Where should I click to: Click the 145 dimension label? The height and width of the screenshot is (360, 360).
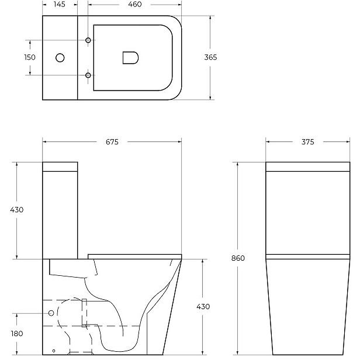[x=60, y=4]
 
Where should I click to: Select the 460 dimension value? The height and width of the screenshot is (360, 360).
[x=135, y=4]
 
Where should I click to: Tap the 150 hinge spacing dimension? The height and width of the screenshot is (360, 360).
[x=30, y=57]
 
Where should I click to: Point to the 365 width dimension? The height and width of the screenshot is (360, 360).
[x=210, y=57]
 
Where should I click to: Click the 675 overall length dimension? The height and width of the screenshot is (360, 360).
[x=112, y=142]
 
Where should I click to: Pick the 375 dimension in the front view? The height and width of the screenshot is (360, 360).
[x=307, y=142]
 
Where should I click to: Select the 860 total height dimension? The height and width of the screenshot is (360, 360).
[x=238, y=258]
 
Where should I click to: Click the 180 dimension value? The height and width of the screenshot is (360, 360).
[x=17, y=334]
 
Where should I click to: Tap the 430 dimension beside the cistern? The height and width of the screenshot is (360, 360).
[x=17, y=210]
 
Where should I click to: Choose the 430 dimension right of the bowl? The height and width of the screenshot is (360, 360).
[x=203, y=306]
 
